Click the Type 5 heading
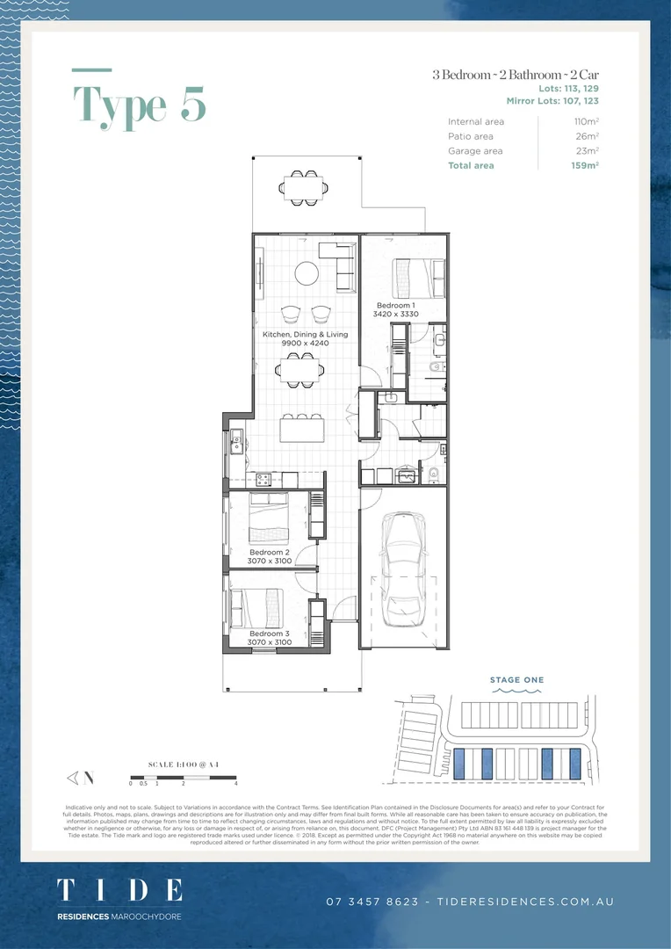tap(140, 105)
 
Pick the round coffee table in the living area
tap(307, 274)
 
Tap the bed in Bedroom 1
tap(412, 277)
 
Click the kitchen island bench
tap(301, 430)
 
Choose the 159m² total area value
tap(585, 165)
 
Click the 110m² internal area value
tap(586, 121)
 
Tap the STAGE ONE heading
tap(516, 679)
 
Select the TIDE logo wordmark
tap(119, 890)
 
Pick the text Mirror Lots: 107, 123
tap(552, 101)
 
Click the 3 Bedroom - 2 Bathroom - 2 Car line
tap(516, 75)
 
